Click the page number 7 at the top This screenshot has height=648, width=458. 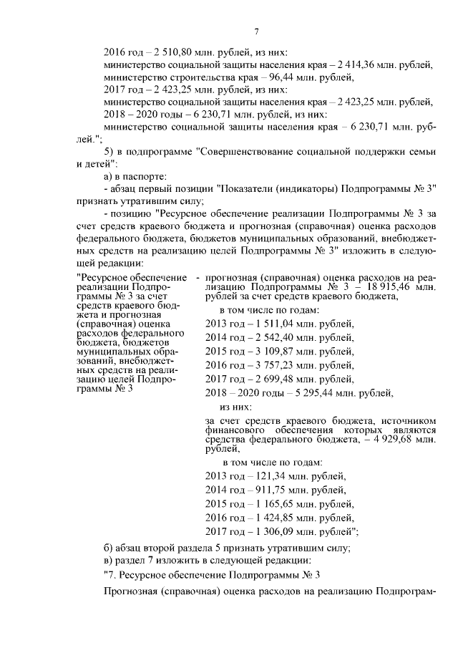pyautogui.click(x=255, y=30)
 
